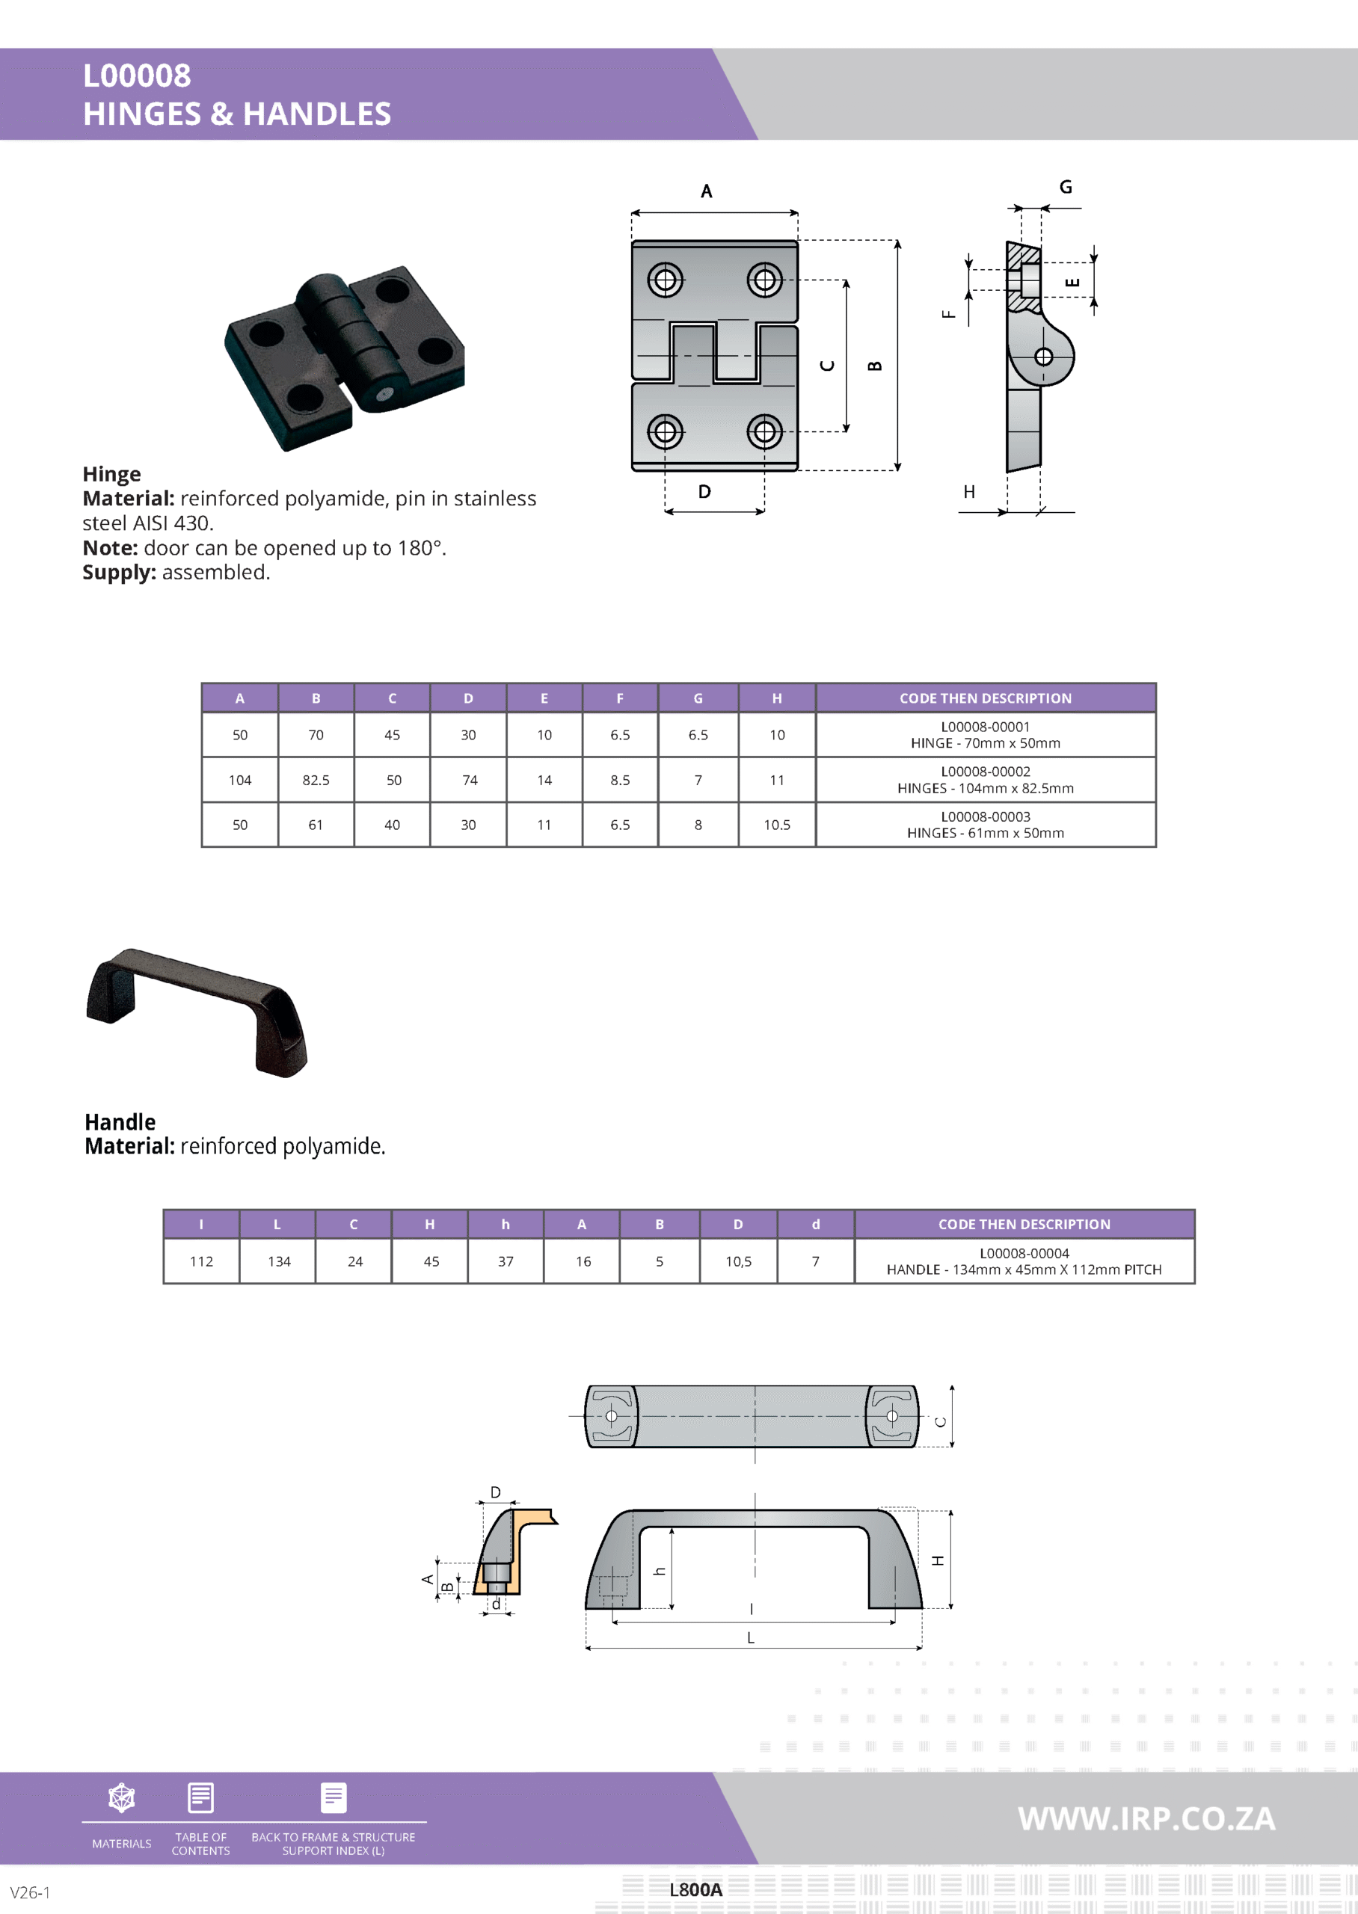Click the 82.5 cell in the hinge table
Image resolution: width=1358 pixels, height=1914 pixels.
pos(316,780)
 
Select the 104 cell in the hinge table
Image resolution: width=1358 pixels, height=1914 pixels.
pos(240,780)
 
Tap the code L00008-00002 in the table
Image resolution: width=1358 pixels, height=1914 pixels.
pos(985,772)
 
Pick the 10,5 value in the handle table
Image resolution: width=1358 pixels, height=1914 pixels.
pos(738,1261)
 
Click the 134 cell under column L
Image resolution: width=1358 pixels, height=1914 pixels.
pos(279,1261)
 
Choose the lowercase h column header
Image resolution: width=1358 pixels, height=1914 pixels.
pos(505,1225)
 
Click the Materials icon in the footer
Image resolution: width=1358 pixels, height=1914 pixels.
pos(122,1798)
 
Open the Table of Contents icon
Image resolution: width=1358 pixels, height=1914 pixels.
pos(200,1798)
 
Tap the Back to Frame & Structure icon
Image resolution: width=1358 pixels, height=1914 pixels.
pos(334,1798)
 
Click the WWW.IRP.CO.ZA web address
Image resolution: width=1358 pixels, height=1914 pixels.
pos(1146,1819)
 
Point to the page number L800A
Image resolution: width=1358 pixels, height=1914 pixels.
pos(695,1890)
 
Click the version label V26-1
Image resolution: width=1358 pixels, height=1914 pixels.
pos(30,1892)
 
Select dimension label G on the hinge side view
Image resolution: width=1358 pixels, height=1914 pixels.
pos(1066,187)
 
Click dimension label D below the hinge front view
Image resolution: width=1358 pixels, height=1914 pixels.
pos(705,491)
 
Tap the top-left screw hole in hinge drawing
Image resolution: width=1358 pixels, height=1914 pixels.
pos(665,280)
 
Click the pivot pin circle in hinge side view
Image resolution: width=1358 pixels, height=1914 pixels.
pos(1044,357)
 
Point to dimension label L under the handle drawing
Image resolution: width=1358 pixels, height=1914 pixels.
pos(751,1638)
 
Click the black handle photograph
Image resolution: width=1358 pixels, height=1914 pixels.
pos(197,1011)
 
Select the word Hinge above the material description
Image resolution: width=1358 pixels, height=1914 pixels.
pos(112,475)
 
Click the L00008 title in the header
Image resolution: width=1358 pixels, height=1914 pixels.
pos(137,76)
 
